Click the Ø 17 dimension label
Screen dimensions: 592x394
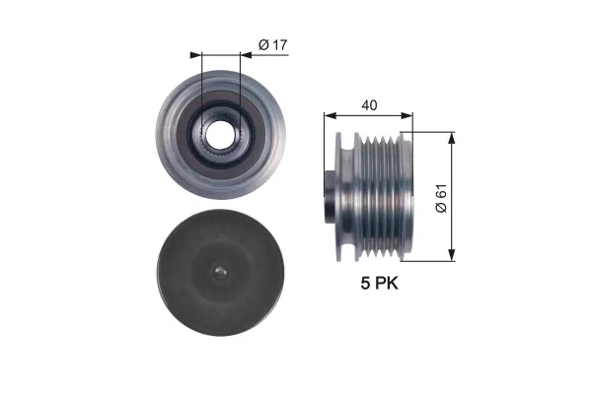272,45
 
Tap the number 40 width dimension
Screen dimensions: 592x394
369,105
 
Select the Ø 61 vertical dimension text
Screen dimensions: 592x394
441,198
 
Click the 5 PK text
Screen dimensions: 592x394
379,283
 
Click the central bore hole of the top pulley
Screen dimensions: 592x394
220,135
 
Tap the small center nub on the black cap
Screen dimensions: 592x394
220,272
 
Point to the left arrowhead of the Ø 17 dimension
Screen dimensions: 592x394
196,55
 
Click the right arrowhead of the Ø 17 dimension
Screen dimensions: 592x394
246,55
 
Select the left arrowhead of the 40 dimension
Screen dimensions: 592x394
330,115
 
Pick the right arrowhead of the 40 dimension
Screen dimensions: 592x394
407,115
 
